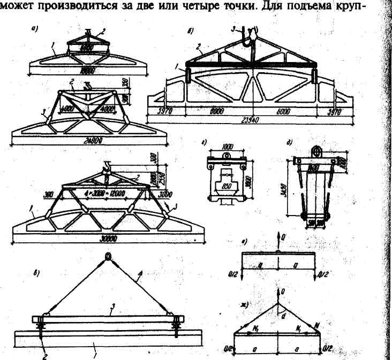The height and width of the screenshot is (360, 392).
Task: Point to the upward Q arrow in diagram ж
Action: [x=278, y=294]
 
